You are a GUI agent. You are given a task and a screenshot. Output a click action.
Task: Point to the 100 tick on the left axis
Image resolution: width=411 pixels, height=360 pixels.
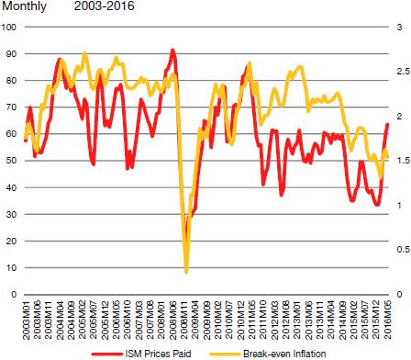(x=9, y=27)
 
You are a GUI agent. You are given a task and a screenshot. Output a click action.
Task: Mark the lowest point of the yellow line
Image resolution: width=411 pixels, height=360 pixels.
(x=186, y=272)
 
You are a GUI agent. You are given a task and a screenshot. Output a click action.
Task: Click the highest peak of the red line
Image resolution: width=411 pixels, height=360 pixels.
(x=172, y=50)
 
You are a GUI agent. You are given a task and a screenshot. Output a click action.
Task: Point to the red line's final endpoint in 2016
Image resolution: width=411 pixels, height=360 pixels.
(x=387, y=124)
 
